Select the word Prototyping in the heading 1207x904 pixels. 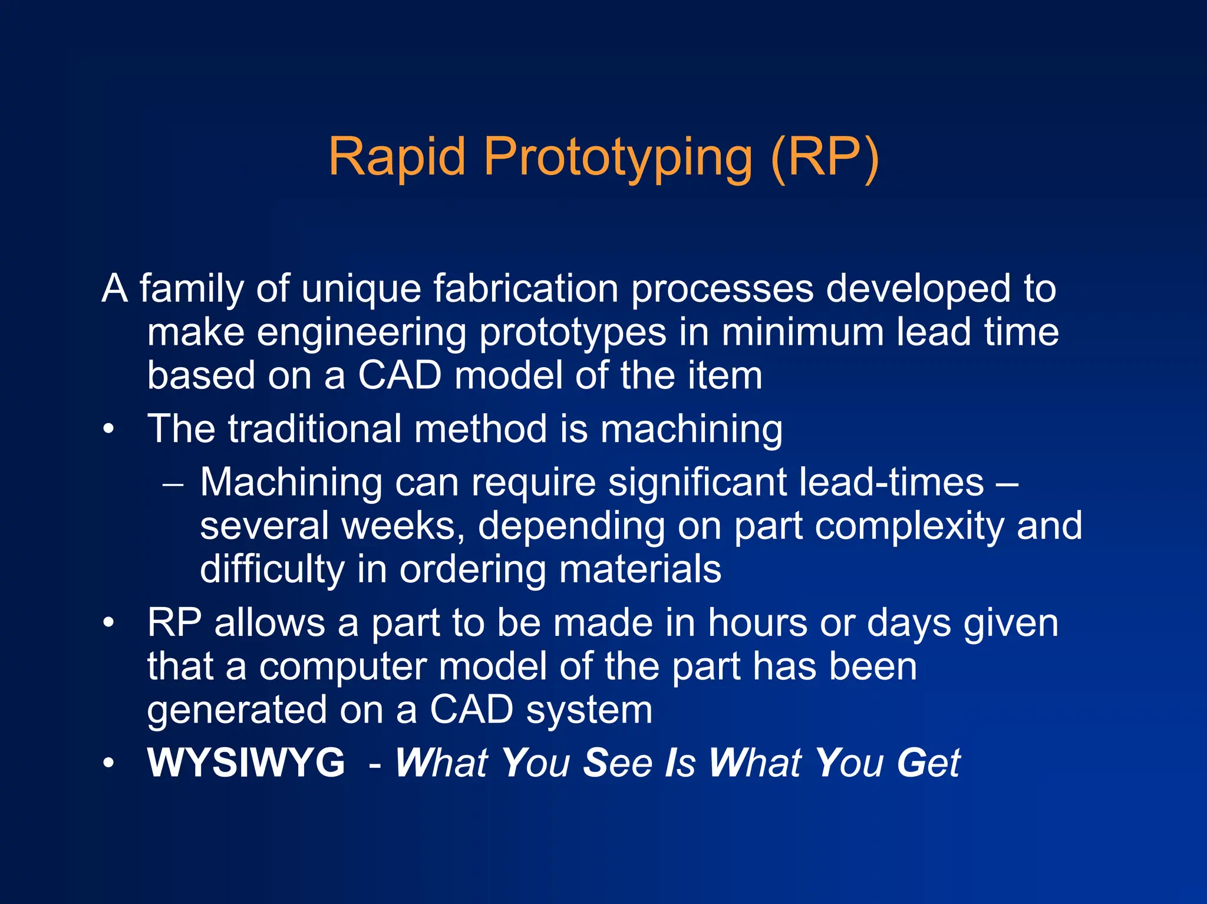point(618,158)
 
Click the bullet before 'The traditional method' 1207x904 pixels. point(108,429)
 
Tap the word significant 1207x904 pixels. point(697,483)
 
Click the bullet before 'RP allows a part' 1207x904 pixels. point(108,623)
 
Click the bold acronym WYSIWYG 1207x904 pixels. point(246,763)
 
